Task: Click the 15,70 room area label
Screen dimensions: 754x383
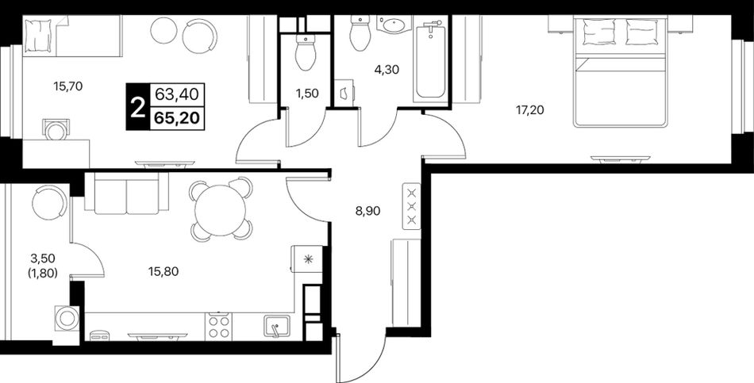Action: pos(68,87)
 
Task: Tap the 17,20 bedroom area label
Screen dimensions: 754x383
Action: pos(530,110)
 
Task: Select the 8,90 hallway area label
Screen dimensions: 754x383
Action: pos(367,210)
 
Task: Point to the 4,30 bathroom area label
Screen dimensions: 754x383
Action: pos(387,69)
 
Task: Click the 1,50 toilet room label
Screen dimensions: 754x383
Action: pos(307,94)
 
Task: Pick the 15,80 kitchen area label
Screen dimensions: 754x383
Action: pos(163,271)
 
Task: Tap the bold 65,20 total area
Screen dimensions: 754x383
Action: pos(177,117)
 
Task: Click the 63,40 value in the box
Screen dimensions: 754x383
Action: pos(177,94)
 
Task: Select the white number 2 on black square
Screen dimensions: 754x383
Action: pos(137,107)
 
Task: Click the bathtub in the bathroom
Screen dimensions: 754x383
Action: pos(431,62)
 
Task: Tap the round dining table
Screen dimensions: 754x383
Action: pos(221,209)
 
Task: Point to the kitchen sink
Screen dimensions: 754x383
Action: pos(276,327)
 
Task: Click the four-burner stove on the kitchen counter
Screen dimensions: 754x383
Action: pos(218,326)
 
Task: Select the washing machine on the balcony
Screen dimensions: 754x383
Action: pos(65,318)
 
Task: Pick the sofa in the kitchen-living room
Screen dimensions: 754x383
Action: pos(126,192)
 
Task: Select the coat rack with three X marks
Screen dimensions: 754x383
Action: pos(411,207)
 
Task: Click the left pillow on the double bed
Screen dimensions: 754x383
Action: pos(598,32)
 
